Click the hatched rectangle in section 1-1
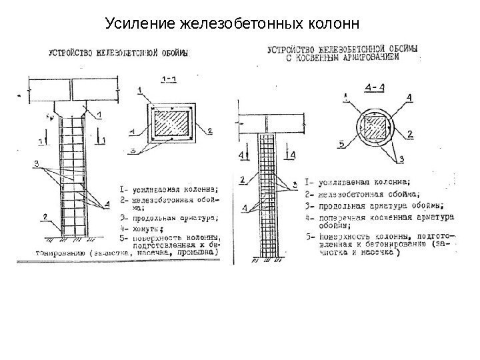[x=171, y=124]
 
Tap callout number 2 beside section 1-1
[x=209, y=131]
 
